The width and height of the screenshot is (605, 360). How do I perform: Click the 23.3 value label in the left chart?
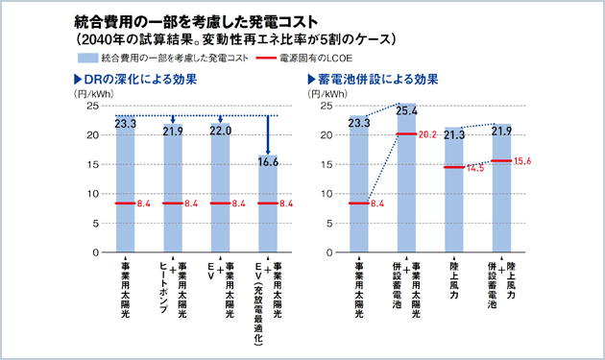126,123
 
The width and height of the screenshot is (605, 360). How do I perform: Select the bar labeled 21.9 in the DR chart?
173,192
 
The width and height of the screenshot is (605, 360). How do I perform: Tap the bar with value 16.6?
268,206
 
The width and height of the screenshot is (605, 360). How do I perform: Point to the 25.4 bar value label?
405,111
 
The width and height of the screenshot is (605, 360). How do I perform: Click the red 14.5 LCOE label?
474,168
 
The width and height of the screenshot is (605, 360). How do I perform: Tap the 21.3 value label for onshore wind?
454,135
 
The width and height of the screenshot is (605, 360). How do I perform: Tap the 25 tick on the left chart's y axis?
93,106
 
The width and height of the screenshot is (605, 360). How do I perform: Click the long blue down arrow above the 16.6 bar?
268,135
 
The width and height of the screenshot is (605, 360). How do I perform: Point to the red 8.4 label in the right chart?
377,204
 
